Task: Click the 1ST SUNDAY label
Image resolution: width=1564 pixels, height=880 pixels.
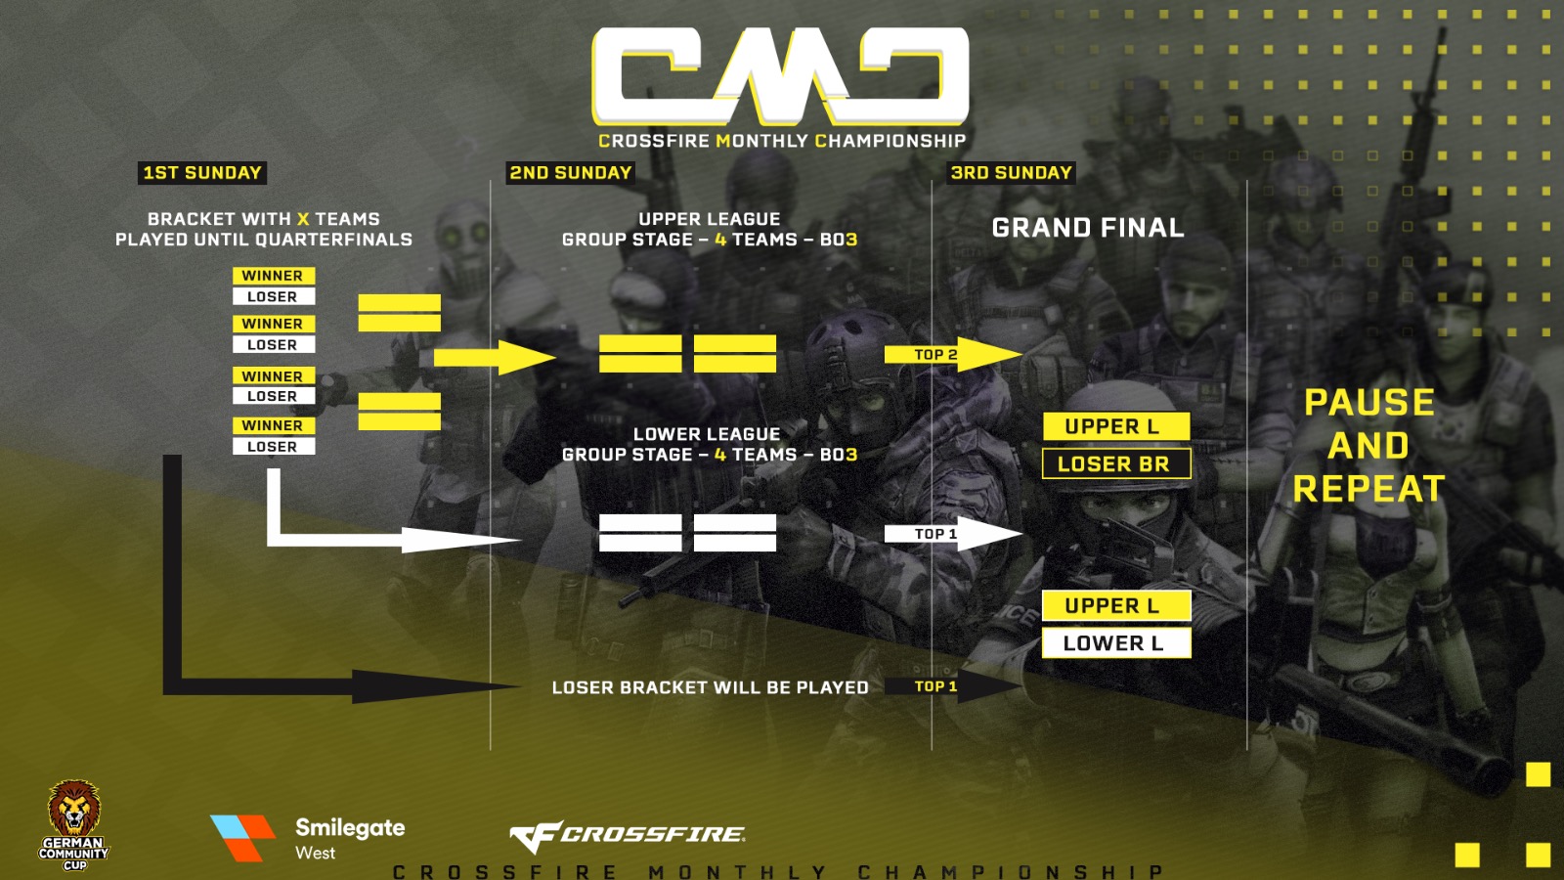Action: (202, 173)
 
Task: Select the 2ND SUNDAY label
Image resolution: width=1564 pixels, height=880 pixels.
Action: (571, 173)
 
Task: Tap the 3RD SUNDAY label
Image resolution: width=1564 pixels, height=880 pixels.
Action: (1012, 173)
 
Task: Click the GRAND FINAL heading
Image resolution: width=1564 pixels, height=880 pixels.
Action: (1088, 228)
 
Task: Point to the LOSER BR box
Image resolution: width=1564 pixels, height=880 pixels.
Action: (1115, 463)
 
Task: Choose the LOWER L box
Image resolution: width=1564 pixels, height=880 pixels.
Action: (1115, 642)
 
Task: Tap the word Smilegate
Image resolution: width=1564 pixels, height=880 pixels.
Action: (350, 828)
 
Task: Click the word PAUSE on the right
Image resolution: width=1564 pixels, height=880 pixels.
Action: (1368, 403)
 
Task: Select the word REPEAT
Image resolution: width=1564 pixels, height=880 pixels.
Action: (1368, 489)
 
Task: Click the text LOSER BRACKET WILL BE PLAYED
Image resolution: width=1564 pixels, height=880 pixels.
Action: (710, 687)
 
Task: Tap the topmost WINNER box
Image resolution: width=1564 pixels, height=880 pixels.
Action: (273, 276)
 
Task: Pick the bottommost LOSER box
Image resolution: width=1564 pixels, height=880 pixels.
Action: (273, 447)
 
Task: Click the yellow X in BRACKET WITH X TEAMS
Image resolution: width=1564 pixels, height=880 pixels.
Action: (303, 219)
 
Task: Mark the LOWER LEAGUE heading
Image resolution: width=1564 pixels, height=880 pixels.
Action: (707, 434)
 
